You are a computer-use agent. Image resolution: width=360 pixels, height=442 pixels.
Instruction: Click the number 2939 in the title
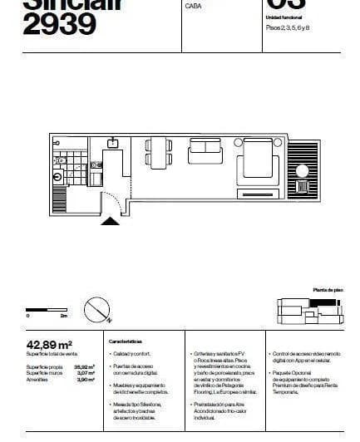click(x=59, y=25)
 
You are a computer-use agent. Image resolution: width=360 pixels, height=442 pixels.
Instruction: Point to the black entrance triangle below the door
click(x=110, y=220)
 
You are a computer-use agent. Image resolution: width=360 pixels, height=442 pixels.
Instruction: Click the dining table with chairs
click(x=158, y=154)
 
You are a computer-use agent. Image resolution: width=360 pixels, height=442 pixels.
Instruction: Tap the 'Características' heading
click(x=126, y=341)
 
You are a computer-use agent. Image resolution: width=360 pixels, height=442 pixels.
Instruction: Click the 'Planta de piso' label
click(x=327, y=290)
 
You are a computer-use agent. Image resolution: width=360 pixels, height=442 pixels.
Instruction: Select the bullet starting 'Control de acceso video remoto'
click(x=304, y=357)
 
